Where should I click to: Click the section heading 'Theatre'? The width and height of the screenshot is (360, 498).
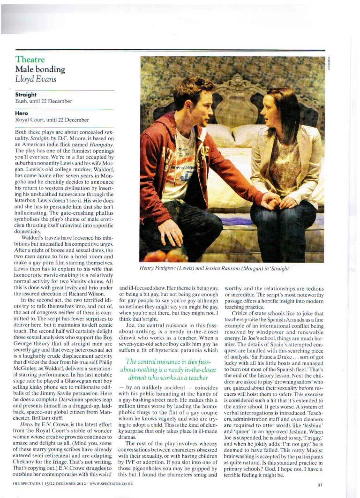30,60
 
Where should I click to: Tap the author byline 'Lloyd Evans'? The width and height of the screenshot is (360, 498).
36,79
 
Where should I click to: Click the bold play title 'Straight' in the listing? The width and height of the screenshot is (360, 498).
27,94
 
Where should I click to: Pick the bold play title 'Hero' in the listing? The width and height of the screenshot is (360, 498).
22,113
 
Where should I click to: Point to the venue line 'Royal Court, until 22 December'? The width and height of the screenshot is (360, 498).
52,120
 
